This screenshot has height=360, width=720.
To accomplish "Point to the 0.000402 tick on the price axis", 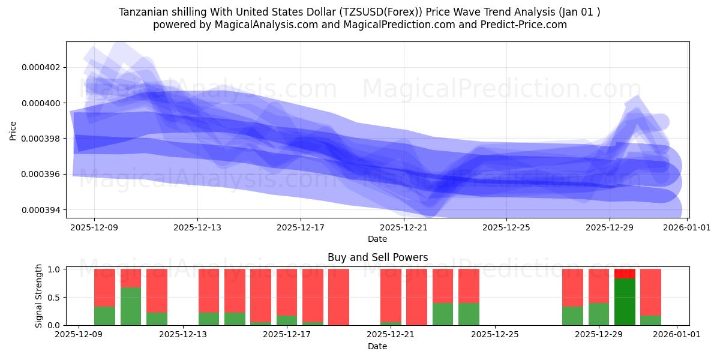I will [x=41, y=67].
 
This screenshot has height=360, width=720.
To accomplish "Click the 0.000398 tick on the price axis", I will [x=41, y=139].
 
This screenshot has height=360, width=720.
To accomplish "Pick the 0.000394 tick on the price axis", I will [x=41, y=210].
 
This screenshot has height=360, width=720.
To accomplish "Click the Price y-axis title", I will [x=13, y=130].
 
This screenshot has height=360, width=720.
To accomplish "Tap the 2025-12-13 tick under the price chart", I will [x=197, y=228].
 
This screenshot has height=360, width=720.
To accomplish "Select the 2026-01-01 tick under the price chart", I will [x=688, y=228].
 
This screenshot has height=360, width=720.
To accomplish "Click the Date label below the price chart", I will [x=377, y=239].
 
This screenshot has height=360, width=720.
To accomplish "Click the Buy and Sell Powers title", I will [x=377, y=257].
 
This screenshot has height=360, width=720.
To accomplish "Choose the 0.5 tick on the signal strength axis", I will [x=52, y=297].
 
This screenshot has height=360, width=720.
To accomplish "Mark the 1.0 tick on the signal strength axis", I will [x=52, y=269].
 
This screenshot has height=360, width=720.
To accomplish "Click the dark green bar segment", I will [x=625, y=302].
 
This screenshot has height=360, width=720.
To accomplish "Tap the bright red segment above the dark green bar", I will [x=625, y=274].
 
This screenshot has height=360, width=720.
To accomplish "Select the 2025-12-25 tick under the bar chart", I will [x=494, y=335].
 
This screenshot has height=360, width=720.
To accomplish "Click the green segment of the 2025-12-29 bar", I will [x=599, y=314].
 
